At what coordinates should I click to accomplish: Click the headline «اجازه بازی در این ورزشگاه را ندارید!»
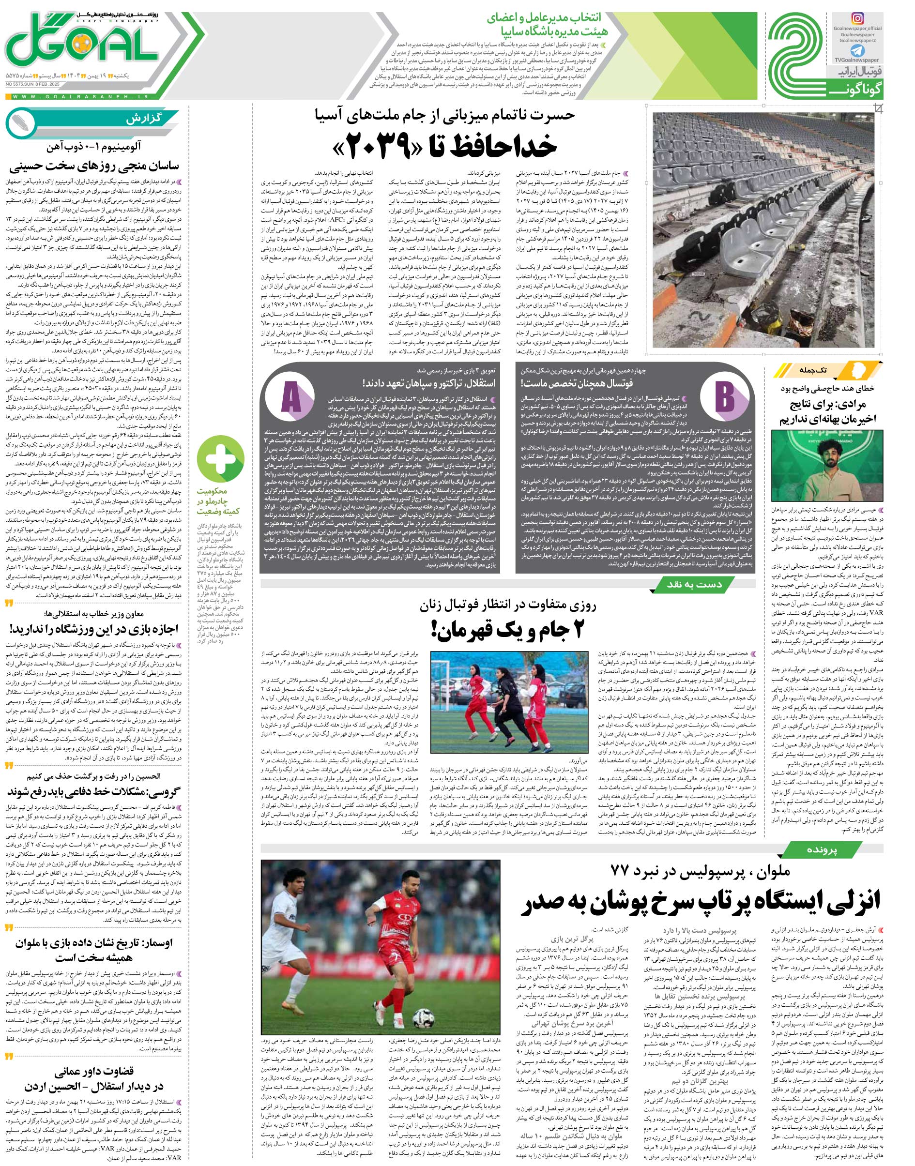96,628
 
